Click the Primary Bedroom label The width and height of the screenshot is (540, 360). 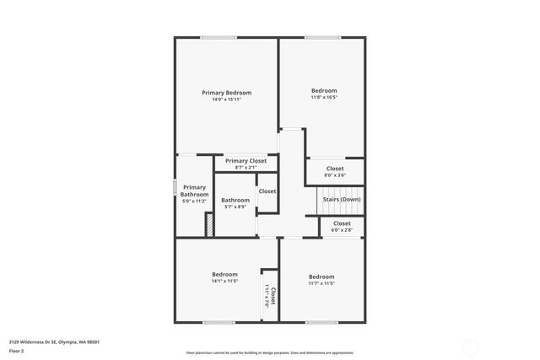pos(226,93)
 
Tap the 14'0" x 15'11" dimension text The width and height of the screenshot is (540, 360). pos(226,99)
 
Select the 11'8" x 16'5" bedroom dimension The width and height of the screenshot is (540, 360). pos(324,97)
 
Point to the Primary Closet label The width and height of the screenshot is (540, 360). pos(246,160)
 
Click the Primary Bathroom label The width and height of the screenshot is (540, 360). pos(194,191)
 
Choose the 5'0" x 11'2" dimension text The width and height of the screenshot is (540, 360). pos(194,201)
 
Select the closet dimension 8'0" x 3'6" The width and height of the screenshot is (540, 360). pos(335,175)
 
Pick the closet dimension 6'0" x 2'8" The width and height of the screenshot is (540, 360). pos(342,230)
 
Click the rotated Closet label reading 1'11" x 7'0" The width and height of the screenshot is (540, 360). pos(271,297)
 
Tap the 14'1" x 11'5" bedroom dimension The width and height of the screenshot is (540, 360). pos(224,281)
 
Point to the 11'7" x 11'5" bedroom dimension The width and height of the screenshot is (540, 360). pos(321,283)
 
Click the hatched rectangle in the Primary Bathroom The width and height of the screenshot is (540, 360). pos(208,224)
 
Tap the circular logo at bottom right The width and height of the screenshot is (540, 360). pos(469,347)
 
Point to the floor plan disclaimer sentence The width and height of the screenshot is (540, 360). pos(270,353)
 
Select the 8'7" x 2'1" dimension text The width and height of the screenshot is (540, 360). pos(246,167)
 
